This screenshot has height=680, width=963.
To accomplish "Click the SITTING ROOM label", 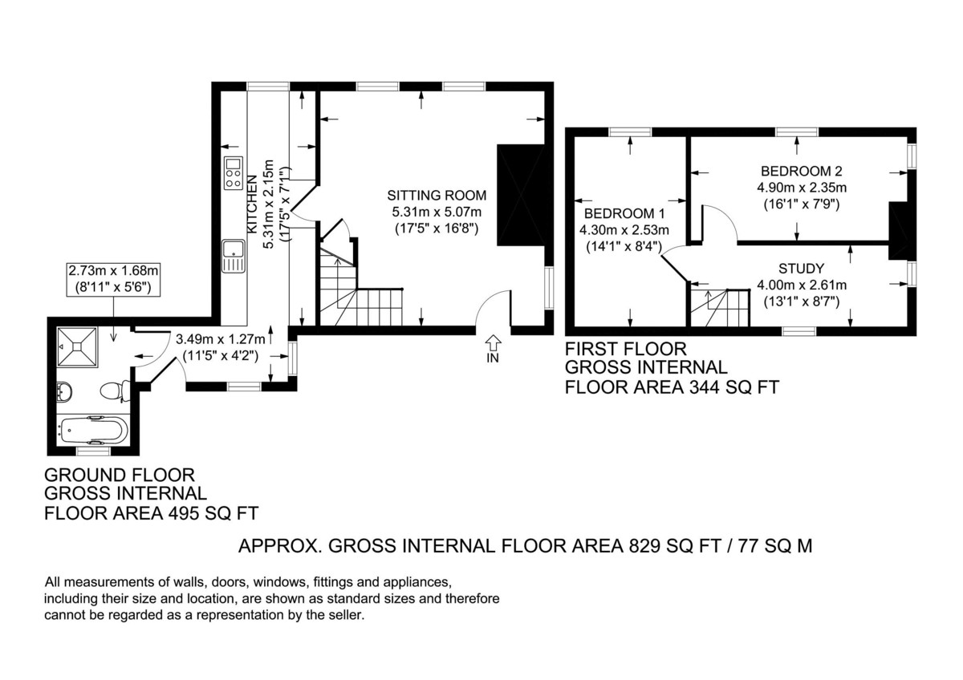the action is coord(437,196).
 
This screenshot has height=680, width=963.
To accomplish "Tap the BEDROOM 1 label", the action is coord(624,213).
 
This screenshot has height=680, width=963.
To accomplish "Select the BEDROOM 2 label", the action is coord(802,171).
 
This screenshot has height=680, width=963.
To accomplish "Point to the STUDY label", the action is coord(802,269).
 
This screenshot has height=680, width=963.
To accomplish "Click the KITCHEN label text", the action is coord(253,204).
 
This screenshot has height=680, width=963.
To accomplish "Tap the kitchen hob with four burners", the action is coord(233,173).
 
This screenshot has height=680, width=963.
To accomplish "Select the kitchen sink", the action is coord(234,257).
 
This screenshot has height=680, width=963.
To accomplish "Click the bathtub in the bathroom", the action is coord(94,430).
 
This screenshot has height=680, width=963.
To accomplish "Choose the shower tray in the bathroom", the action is coord(77,346).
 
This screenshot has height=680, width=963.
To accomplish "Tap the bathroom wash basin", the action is coord(64,391).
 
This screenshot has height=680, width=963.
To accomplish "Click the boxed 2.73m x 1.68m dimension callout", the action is coord(113,279).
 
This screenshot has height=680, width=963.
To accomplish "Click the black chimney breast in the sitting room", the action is coord(521,196).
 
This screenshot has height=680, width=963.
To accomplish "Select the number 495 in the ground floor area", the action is coord(184,513).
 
